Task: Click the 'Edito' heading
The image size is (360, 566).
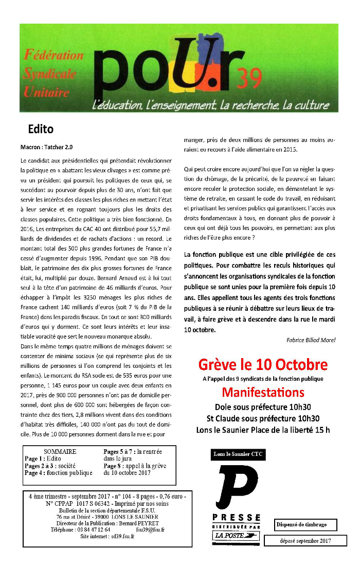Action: [x=41, y=129]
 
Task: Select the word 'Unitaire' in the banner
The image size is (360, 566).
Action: [x=46, y=93]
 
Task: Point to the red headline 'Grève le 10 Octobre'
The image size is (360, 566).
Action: [x=263, y=365]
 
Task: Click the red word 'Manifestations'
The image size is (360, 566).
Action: [x=263, y=393]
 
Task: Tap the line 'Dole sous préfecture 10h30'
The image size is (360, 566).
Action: [x=263, y=407]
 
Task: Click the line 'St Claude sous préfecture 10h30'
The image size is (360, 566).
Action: [x=263, y=418]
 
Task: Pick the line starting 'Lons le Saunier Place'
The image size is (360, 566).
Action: [x=263, y=430]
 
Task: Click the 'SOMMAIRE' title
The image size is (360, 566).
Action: [x=60, y=451]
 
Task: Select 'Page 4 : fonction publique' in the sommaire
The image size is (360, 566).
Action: [x=59, y=473]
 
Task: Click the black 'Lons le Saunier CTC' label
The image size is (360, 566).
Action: [x=239, y=454]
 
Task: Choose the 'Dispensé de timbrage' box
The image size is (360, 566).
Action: [x=305, y=525]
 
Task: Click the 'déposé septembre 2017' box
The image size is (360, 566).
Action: [x=305, y=541]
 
